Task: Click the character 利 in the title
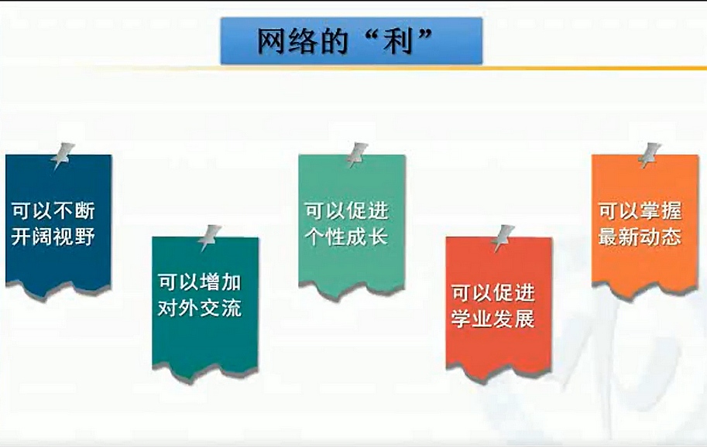point(398,42)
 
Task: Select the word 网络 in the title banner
point(287,42)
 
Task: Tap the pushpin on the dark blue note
point(63,155)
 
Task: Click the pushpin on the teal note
point(210,237)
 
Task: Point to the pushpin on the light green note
point(357,155)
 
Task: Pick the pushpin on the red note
point(503,237)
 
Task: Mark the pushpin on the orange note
point(650,155)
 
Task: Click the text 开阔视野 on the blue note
point(53,237)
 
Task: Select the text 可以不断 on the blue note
point(53,210)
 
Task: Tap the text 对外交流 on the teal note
point(200,309)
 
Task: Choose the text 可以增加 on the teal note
point(200,283)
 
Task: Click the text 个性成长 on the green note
point(346,237)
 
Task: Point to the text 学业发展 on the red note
point(493,319)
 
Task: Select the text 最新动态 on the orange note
point(640,237)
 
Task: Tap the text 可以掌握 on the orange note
point(640,210)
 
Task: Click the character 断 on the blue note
point(85,210)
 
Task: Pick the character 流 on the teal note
point(232,309)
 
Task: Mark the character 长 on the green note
point(379,237)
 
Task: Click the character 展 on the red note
point(525,319)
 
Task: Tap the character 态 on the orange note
point(672,237)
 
